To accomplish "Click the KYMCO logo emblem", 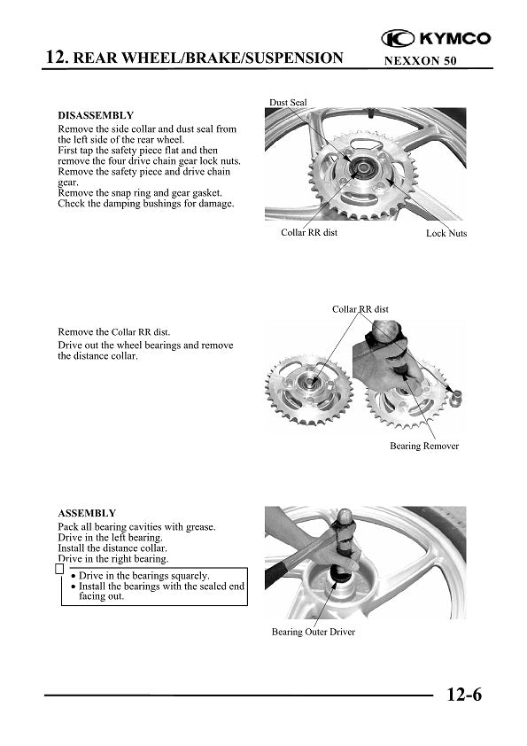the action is (x=398, y=38).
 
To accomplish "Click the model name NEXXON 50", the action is (x=420, y=61).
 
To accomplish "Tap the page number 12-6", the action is (x=464, y=695).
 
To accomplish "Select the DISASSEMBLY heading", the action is (x=96, y=115).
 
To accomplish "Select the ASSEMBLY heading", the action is (x=87, y=513).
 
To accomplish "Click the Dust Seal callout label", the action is (x=288, y=102).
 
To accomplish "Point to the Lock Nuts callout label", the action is (x=446, y=233).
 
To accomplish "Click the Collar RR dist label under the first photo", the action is (x=309, y=232).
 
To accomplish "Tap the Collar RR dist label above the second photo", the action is (x=360, y=309).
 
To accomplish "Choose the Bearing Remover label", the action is (x=424, y=446).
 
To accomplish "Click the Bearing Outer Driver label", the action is (x=314, y=632).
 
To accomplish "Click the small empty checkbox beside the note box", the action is (x=59, y=569).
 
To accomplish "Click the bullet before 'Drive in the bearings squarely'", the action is (x=74, y=577).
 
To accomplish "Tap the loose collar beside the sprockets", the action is (x=456, y=397).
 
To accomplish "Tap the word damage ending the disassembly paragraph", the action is (x=218, y=204).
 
